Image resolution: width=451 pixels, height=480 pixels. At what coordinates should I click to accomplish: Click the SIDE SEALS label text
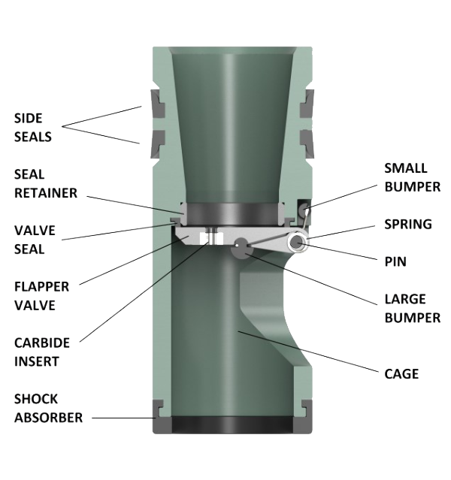(x=33, y=127)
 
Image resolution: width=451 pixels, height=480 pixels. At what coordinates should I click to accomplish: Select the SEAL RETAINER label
(x=45, y=183)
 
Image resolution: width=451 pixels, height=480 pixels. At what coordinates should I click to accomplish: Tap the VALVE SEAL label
(x=35, y=239)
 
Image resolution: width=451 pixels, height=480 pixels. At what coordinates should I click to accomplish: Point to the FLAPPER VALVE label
(x=42, y=295)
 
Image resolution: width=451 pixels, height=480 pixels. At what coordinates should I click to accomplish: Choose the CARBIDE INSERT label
(x=42, y=352)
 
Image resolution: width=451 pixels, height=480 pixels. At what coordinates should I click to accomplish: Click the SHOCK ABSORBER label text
(x=47, y=408)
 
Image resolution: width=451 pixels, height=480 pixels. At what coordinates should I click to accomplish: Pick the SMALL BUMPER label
(x=411, y=177)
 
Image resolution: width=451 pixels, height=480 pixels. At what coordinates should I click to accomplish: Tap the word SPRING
(x=407, y=224)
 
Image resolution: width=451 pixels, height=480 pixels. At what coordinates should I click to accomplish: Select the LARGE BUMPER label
(x=411, y=308)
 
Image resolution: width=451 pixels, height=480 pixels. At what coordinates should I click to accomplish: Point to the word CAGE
(x=401, y=373)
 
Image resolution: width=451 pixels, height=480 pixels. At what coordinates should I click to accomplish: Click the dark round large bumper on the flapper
(x=241, y=245)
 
